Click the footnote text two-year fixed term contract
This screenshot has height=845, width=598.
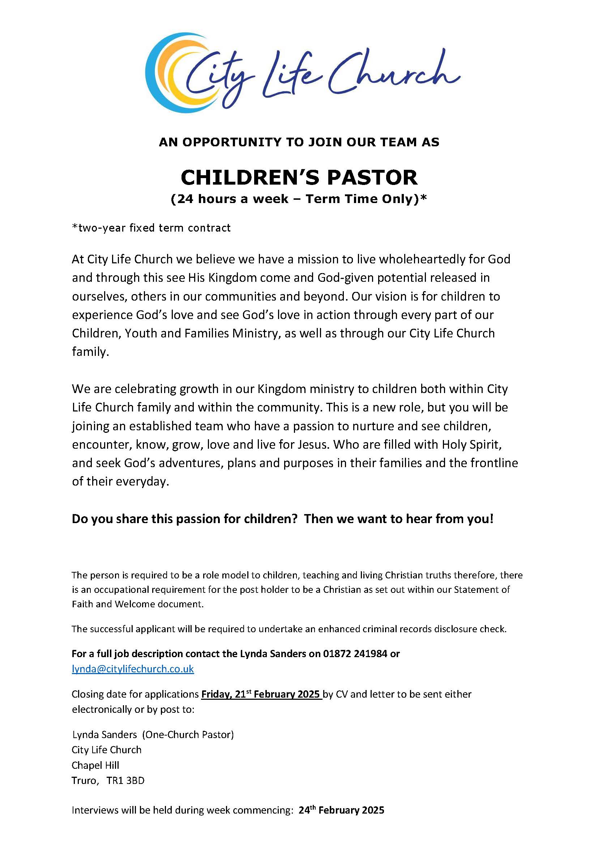coord(151,228)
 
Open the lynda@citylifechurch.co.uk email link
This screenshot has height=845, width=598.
coord(133,669)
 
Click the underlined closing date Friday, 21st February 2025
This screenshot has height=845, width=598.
coord(261,694)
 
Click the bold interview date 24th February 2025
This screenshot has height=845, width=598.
coord(341,810)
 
